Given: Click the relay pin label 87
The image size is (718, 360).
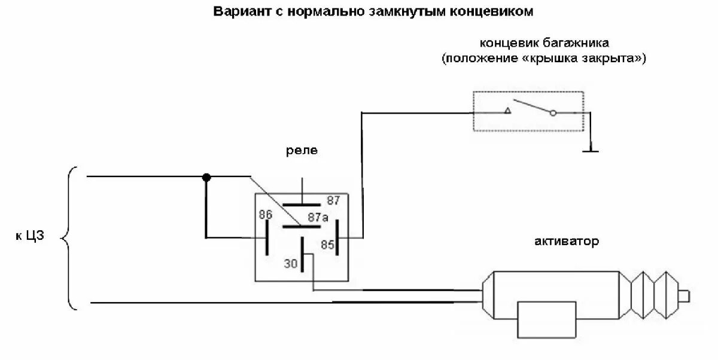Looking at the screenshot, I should [333, 200].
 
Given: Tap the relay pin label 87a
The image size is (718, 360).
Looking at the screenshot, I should [318, 218].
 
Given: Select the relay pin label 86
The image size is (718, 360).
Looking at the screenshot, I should [266, 214].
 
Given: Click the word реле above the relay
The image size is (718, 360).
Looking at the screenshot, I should [301, 151].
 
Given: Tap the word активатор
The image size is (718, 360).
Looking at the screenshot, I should [566, 242].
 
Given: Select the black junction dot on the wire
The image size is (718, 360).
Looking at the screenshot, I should [206, 177].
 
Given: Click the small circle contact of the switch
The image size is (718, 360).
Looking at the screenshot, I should [553, 112].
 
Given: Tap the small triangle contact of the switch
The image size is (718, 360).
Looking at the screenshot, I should [507, 111].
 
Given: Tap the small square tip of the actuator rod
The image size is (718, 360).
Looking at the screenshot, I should [686, 295].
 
